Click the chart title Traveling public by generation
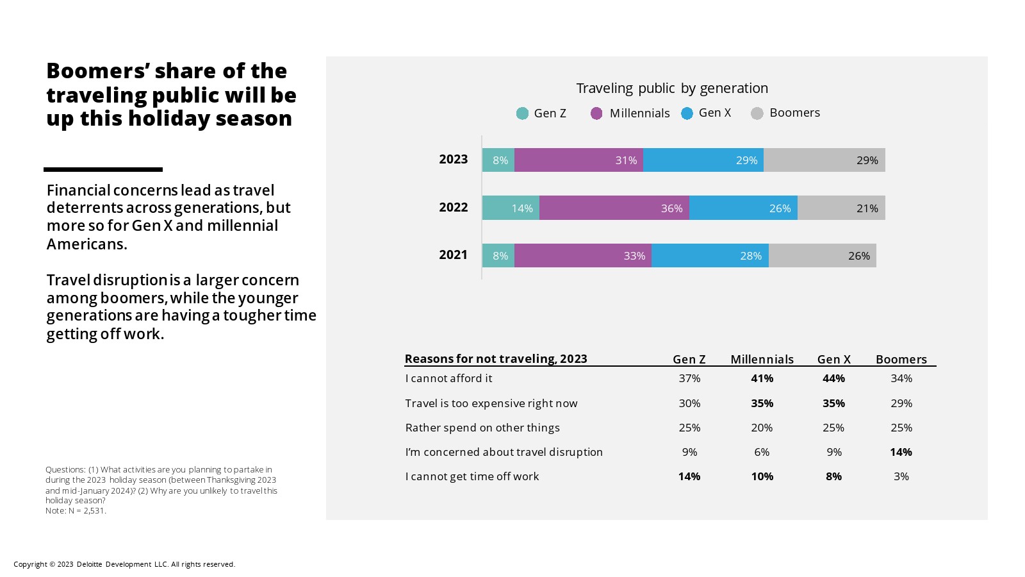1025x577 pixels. (x=672, y=88)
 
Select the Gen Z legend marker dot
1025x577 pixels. (x=522, y=113)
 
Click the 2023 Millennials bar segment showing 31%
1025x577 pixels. (x=578, y=160)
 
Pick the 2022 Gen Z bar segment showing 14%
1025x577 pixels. (x=511, y=208)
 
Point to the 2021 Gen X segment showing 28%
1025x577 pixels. (x=710, y=256)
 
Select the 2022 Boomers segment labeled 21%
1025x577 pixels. (x=841, y=208)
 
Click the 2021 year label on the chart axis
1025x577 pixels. (x=454, y=255)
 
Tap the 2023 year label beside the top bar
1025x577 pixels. (x=454, y=160)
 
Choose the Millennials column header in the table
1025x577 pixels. (x=762, y=359)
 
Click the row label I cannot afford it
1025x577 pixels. (x=448, y=378)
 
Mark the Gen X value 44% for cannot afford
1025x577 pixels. (x=833, y=378)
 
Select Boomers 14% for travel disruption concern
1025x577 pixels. (x=901, y=452)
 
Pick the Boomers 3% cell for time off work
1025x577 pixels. (x=901, y=476)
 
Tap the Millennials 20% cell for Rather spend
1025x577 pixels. (x=762, y=428)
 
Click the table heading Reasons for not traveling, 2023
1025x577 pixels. (x=496, y=358)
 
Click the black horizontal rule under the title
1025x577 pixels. (x=103, y=169)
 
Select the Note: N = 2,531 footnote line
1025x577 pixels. (x=76, y=511)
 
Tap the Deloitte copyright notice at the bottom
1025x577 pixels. (x=124, y=564)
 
